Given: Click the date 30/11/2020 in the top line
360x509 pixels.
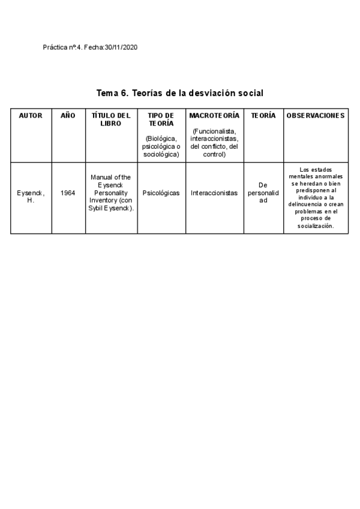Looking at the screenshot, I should (121, 47).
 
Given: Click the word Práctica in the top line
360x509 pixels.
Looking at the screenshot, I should (56, 47).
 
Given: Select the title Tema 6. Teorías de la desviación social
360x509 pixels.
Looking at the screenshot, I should (180, 94).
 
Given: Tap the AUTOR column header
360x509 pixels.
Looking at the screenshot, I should (31, 115).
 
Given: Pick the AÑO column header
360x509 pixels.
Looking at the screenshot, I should (68, 115).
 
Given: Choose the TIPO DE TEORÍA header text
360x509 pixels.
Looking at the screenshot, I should (160, 119).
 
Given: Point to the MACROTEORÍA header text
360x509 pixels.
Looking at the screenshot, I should (214, 115).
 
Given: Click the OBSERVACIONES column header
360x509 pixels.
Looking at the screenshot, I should (316, 115).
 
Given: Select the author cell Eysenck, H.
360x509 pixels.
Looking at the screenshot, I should (31, 196).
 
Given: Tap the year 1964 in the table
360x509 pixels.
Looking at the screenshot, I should (68, 193).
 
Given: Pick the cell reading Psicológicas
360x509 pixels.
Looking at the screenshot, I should (160, 193).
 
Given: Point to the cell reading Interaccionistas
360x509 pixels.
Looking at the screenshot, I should (214, 193).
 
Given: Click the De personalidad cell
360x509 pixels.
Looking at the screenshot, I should (263, 193).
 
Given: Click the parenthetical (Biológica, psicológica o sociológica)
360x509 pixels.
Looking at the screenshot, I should (160, 146).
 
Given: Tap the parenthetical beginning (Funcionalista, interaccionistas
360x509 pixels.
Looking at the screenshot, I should (214, 143).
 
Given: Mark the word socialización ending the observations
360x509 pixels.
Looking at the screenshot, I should (316, 226).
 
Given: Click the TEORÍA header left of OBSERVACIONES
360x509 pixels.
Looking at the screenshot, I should (263, 115).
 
